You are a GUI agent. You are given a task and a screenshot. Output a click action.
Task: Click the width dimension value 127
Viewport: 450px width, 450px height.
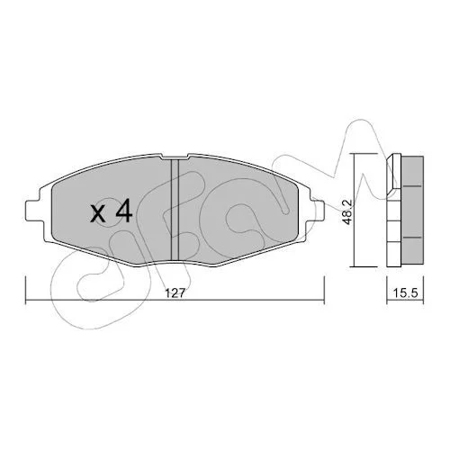coord(175,293)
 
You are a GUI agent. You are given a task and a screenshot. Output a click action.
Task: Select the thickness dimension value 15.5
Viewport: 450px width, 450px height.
coord(405,293)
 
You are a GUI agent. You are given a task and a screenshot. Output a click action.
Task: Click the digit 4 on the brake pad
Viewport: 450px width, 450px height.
coord(124,211)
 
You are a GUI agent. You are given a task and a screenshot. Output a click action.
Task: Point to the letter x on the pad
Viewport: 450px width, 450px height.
coord(99,214)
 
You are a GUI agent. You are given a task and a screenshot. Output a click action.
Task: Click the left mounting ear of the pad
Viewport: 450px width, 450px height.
coord(33,211)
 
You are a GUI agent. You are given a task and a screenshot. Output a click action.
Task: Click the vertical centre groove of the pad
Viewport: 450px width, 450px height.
coord(175,209)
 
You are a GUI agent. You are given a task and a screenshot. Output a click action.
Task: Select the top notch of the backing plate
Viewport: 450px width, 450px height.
coord(175,157)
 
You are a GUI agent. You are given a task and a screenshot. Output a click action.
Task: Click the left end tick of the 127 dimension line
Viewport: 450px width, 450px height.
coord(26,291)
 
